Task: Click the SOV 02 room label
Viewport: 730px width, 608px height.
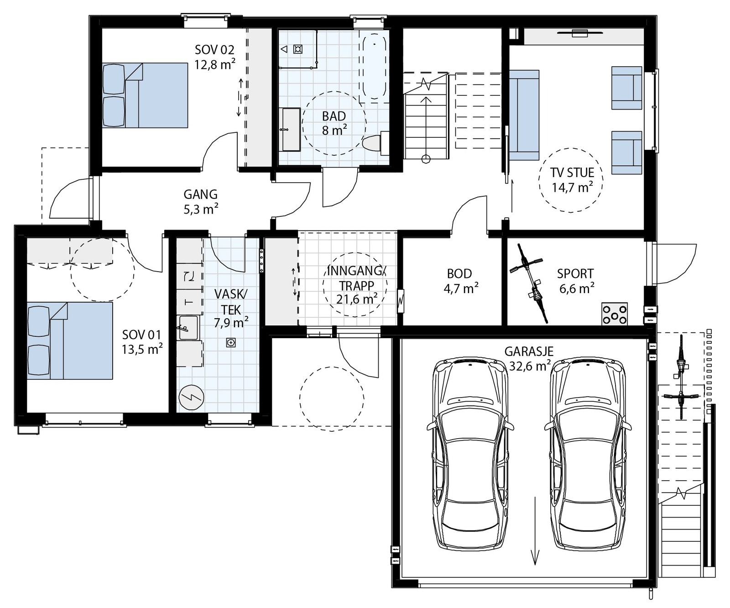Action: [x=214, y=49]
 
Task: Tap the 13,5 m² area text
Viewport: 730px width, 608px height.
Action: [x=142, y=350]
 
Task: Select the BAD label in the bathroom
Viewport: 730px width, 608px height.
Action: [x=334, y=116]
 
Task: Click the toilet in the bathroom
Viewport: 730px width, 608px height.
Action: [x=377, y=143]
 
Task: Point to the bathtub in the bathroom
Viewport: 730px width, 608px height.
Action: [x=375, y=67]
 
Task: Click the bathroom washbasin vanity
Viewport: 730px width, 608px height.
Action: [x=290, y=129]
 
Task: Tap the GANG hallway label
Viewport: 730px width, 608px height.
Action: [x=200, y=194]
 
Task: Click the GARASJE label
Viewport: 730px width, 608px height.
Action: [x=529, y=351]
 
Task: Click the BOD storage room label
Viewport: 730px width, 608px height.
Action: [x=459, y=273]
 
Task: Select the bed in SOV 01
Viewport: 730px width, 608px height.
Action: [x=70, y=341]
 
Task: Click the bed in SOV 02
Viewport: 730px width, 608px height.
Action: [x=145, y=95]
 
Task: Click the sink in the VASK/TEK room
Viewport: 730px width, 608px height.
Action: [x=188, y=328]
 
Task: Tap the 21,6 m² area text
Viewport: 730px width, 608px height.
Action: [x=357, y=299]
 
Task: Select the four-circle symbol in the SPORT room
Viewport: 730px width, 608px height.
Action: [x=615, y=314]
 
